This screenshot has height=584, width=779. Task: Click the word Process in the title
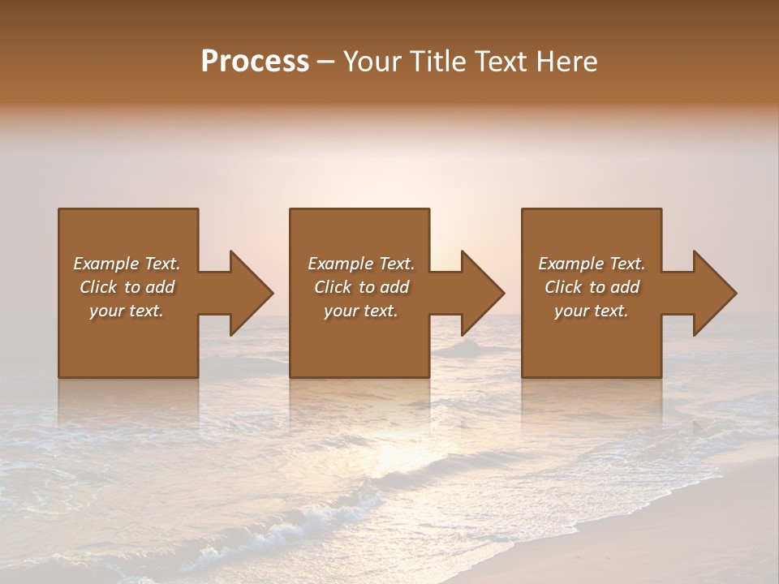(x=255, y=62)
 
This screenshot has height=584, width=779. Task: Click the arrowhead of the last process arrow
(x=713, y=293)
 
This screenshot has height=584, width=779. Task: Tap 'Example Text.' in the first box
(x=127, y=264)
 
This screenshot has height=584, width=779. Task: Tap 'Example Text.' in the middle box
(x=361, y=264)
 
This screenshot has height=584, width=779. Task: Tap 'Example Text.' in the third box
(x=592, y=264)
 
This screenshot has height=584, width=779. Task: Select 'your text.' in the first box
(x=127, y=311)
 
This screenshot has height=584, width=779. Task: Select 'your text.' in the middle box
(x=361, y=311)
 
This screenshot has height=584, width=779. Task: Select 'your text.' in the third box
(x=592, y=311)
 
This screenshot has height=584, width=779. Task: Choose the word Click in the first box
(x=98, y=287)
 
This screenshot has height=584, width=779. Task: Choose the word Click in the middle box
(x=333, y=287)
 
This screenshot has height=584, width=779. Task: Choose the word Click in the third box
(x=563, y=287)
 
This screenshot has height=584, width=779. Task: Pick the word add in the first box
(x=161, y=287)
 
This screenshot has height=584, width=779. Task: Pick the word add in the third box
(x=626, y=287)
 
